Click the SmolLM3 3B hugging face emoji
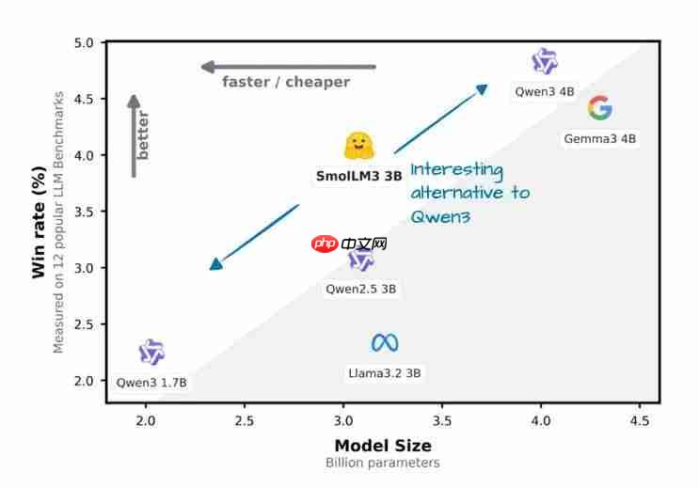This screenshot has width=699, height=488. pos(359,146)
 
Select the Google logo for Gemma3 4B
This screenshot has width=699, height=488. pos(599,108)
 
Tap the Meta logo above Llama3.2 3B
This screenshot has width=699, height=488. pos(385,342)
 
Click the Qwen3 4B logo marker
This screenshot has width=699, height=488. pos(545,62)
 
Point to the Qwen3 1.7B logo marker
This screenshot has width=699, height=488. pos(151,353)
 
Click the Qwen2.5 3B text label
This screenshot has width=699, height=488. pos(361,289)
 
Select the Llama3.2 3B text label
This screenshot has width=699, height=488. pos(385,372)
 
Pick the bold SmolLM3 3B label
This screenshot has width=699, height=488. pos(358,175)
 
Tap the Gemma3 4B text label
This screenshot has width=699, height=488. pos(600,138)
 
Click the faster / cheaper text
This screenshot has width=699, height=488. pos(286,82)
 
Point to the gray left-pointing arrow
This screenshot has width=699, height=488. pos(288,67)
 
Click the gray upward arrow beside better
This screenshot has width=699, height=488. pos(135,135)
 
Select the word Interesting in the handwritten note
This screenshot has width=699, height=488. pos(456,170)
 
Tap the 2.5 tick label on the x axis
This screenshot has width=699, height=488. pos(245,419)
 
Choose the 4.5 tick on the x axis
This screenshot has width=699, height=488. pos(639,419)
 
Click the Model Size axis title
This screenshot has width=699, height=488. pos(383,446)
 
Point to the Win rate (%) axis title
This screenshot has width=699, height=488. pos(39,216)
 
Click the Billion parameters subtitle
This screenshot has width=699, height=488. pos(383,463)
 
